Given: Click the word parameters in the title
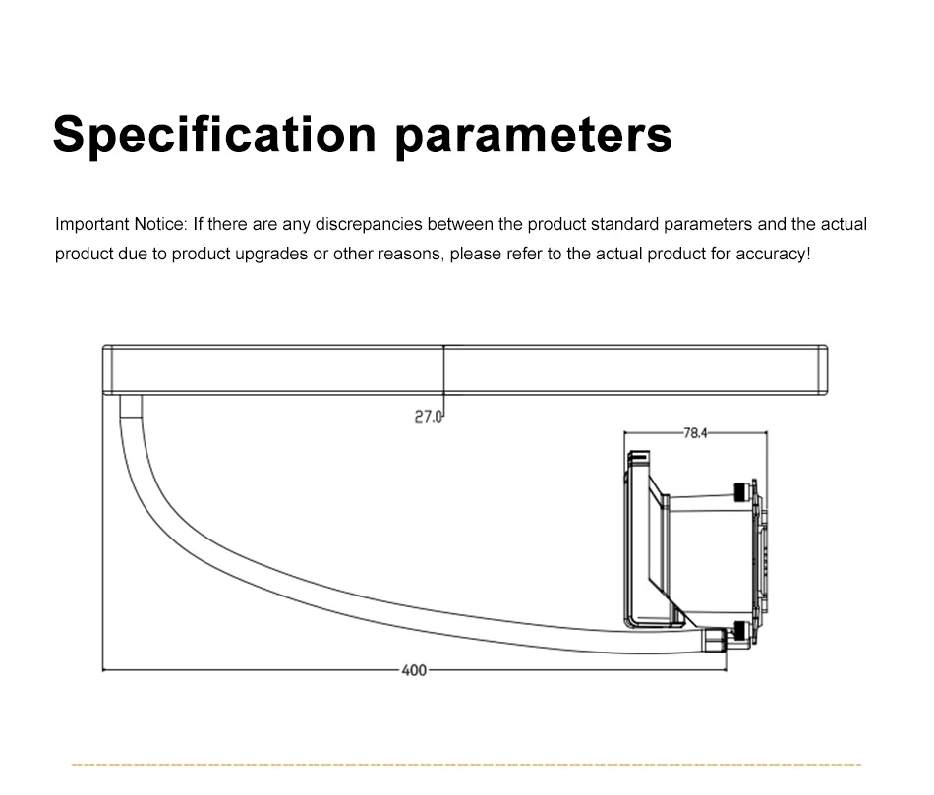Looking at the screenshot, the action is tap(534, 135).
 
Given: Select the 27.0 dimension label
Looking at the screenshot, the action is tap(429, 417).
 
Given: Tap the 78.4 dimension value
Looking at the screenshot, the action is tap(695, 432).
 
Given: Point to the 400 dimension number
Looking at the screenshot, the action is tap(414, 670).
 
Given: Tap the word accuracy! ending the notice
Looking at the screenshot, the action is tap(777, 254).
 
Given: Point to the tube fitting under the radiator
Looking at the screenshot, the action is tap(130, 404).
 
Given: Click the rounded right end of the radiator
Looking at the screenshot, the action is tap(823, 369).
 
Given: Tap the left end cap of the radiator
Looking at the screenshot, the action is tap(109, 369).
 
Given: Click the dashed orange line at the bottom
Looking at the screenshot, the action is tap(467, 764).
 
